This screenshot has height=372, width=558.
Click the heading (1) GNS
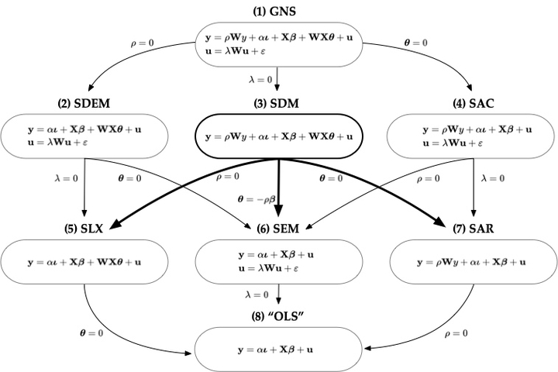277,11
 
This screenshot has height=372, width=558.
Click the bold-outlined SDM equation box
277,136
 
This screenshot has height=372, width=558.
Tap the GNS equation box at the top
277,43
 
